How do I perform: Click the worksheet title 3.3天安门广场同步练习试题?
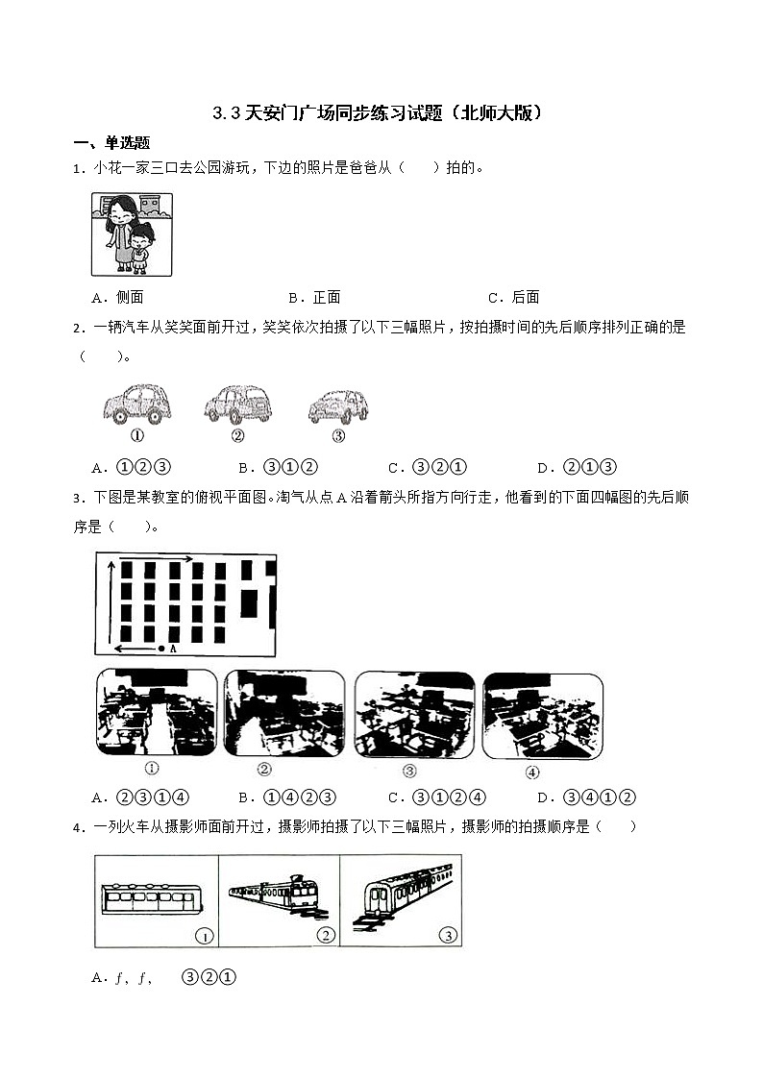[380, 112]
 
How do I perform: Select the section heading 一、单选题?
[111, 143]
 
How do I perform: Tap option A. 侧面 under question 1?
[117, 297]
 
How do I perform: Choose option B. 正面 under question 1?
[314, 297]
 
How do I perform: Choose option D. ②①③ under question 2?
[576, 468]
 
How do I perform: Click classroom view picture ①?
[156, 714]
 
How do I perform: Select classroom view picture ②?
[283, 714]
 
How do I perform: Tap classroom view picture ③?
[414, 714]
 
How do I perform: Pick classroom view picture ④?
[543, 714]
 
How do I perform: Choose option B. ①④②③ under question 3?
[285, 797]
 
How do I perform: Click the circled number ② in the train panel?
[326, 936]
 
